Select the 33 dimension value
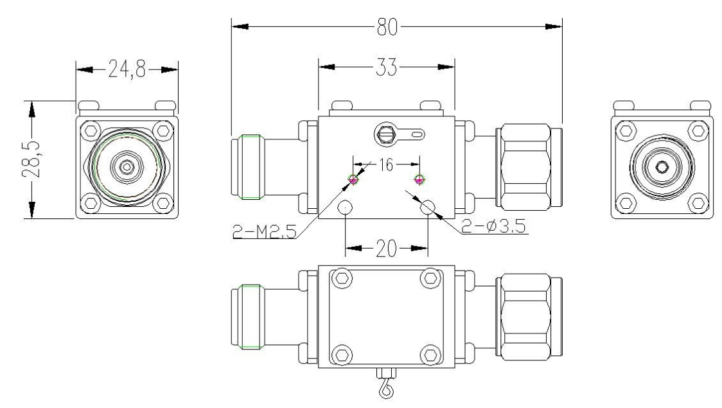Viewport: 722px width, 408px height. tap(387, 66)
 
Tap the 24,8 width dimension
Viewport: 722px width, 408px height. tap(126, 69)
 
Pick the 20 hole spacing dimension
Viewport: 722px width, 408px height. tap(387, 248)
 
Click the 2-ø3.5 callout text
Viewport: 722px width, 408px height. tap(495, 227)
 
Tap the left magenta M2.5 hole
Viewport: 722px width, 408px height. tap(353, 179)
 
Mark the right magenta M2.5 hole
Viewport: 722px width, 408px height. tap(419, 179)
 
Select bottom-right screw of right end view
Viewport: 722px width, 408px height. tap(697, 203)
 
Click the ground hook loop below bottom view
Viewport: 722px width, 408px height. tap(386, 389)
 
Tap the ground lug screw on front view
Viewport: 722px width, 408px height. tap(386, 134)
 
